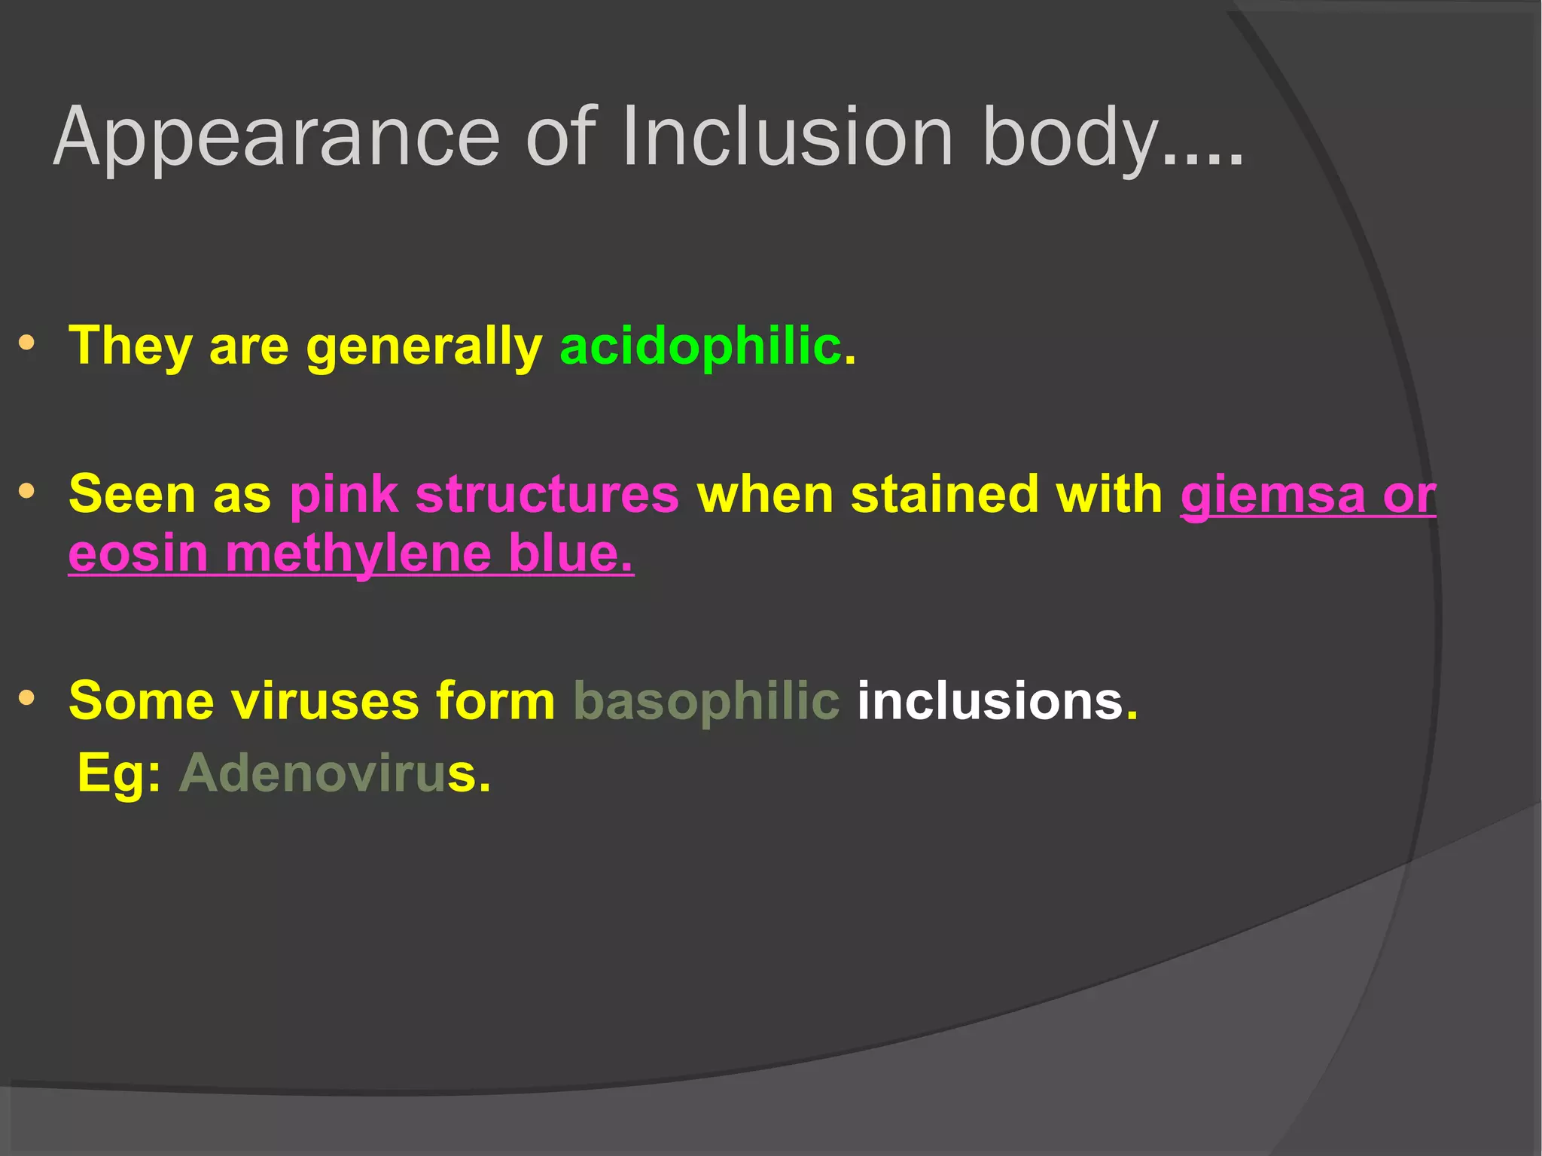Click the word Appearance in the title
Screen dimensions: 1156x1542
[276, 138]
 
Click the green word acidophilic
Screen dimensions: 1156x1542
[700, 346]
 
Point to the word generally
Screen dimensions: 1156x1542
[424, 347]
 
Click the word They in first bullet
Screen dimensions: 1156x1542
[130, 346]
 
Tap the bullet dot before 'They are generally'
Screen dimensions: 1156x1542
[27, 343]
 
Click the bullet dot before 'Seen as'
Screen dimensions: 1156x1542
[27, 492]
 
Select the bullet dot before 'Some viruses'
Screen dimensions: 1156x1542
[27, 698]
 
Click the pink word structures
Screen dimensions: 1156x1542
[547, 495]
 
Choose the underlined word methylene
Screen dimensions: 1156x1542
[358, 554]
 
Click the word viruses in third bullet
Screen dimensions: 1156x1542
[324, 700]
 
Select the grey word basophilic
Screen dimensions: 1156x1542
[705, 700]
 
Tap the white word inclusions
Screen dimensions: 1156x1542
[989, 700]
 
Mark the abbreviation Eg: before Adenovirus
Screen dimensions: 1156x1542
[119, 774]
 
